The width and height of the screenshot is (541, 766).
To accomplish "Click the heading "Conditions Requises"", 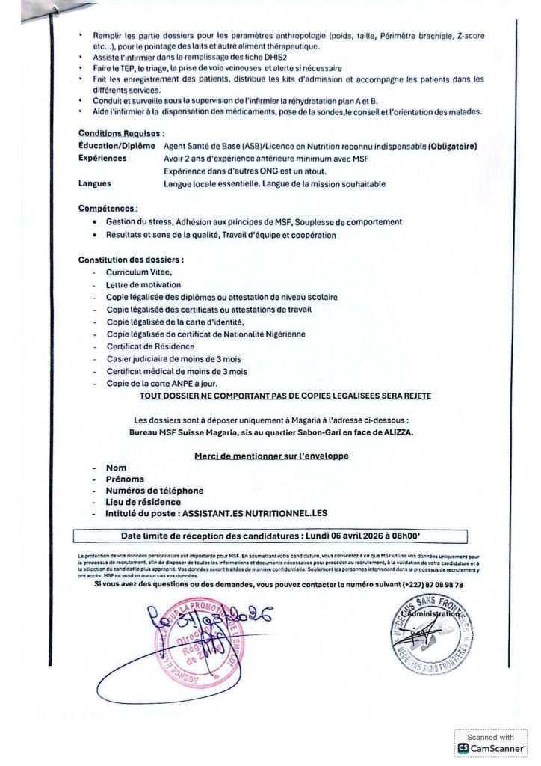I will [116, 134].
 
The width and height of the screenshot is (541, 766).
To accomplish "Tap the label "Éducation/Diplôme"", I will [116, 146].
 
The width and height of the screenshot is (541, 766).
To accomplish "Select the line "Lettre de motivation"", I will [143, 285].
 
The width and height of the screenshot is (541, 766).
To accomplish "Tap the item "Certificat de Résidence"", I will [150, 346].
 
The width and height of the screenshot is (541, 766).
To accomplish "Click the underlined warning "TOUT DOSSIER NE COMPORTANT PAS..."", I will [285, 396].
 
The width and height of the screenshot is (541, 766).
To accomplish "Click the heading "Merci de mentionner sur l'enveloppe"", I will [271, 456].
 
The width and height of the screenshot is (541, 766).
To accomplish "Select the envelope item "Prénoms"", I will [125, 479].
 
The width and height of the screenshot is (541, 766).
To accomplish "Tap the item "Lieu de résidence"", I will [143, 502].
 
